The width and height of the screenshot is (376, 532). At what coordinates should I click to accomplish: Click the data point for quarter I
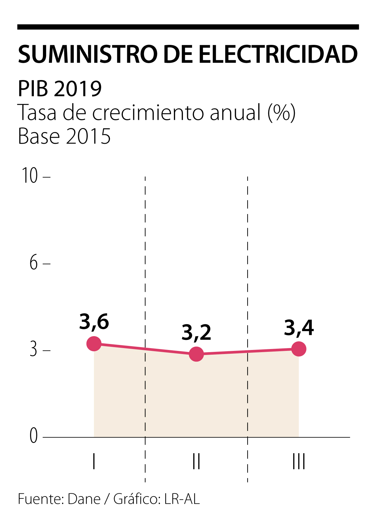94,344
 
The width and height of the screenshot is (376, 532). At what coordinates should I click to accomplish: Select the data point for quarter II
196,354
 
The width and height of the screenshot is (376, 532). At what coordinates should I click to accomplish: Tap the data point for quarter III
299,349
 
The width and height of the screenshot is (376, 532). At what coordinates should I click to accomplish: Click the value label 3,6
94,322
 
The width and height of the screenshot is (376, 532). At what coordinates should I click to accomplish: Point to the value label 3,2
196,333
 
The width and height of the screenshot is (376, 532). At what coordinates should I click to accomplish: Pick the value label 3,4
299,328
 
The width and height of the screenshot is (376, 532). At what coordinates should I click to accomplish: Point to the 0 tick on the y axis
34,436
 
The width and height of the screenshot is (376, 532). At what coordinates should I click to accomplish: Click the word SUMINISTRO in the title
88,54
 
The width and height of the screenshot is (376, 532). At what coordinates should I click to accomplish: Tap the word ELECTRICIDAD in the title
278,54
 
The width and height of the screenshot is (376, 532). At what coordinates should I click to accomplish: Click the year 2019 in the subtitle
78,89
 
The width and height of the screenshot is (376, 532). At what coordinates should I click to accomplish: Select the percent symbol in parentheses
282,113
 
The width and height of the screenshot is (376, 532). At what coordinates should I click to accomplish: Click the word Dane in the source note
84,499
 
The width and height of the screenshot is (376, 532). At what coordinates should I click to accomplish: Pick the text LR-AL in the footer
182,499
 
